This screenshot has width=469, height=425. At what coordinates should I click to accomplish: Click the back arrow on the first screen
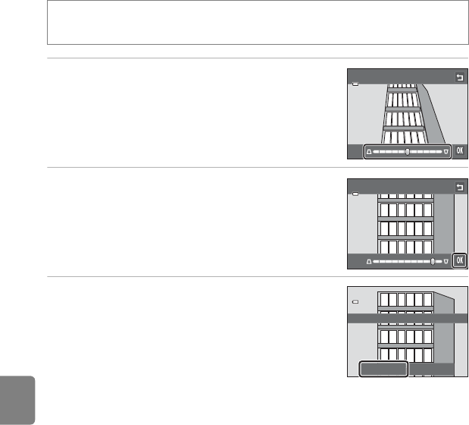click(x=458, y=77)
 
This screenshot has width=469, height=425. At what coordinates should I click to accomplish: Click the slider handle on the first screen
click(x=408, y=151)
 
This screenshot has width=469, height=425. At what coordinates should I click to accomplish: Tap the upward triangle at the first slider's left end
click(x=369, y=151)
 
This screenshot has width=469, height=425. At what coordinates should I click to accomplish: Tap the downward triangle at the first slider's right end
click(x=446, y=151)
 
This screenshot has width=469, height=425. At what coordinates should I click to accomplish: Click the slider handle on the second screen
click(x=433, y=261)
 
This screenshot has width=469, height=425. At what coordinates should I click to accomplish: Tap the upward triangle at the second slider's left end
click(x=369, y=261)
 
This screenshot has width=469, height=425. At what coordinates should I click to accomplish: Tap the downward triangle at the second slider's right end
click(x=446, y=261)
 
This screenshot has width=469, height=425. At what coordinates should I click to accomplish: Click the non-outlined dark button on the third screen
click(x=433, y=370)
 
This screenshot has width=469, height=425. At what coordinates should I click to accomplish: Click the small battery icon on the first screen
click(x=355, y=84)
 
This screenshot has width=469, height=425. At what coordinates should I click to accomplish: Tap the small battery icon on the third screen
click(x=355, y=302)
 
